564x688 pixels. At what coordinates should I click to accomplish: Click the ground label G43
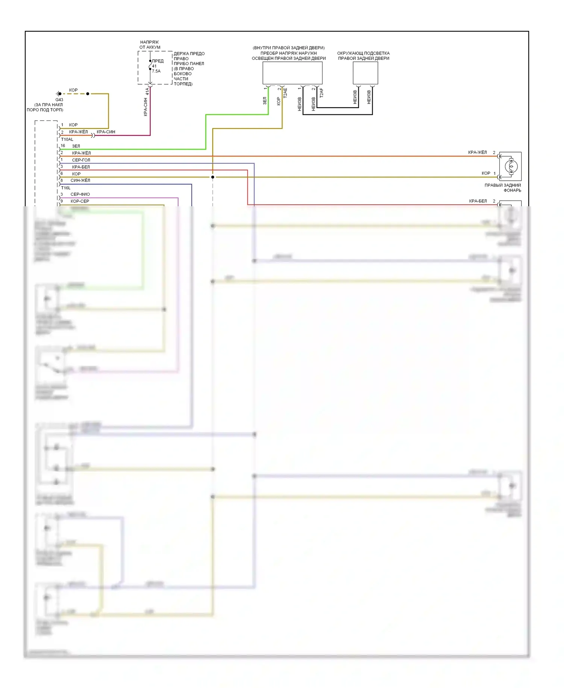coord(59,100)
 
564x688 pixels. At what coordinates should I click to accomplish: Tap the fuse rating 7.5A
coord(156,71)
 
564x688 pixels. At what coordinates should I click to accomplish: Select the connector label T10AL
coord(67,139)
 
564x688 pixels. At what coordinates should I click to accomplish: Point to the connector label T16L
coord(65,188)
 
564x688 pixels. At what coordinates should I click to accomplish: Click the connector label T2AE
coord(285,93)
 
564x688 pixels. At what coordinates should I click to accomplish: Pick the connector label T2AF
coord(321,93)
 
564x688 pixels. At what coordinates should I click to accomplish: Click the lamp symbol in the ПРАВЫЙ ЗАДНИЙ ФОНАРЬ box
coord(510,166)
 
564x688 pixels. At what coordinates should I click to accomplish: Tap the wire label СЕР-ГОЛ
coord(81,160)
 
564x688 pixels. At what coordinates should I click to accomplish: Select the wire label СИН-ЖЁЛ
coord(80,180)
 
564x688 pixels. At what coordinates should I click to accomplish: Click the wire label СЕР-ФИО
coord(80,194)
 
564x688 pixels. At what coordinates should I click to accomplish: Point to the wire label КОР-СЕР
coord(80,201)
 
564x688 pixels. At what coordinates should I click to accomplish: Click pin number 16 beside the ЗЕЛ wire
coord(63,146)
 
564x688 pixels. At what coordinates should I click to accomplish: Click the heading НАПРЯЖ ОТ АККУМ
coord(150,45)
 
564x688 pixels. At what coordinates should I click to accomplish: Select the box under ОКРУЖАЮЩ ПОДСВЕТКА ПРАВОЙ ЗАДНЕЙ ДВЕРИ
coord(365,73)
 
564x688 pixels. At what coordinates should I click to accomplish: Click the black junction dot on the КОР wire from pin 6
coord(212,177)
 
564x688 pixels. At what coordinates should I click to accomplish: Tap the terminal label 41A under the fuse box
coord(147,91)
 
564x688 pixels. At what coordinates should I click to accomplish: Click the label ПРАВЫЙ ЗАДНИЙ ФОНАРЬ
coord(503,187)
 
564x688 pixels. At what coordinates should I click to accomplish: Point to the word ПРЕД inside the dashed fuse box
coord(158,61)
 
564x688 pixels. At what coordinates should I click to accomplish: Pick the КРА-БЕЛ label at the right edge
coord(478,201)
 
